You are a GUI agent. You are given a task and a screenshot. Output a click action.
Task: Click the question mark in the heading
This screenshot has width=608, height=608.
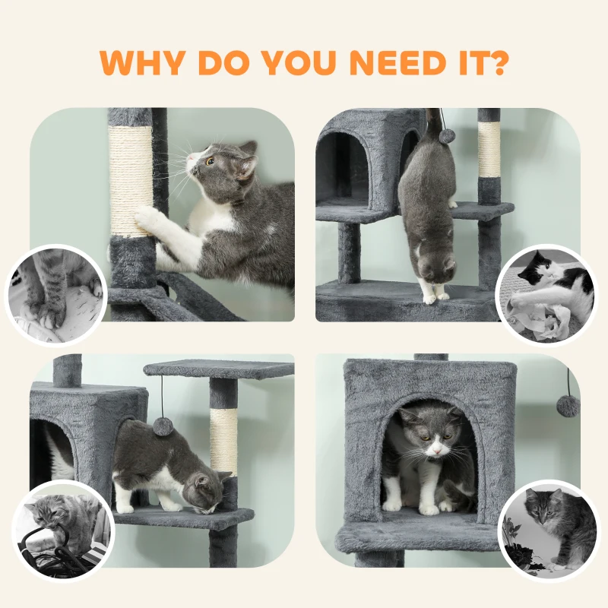496,62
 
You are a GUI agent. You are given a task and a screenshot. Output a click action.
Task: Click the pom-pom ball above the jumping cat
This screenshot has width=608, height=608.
447,135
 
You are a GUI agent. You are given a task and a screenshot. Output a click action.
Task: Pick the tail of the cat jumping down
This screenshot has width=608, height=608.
435,126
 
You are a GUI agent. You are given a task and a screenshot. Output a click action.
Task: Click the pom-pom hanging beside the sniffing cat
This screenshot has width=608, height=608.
163,426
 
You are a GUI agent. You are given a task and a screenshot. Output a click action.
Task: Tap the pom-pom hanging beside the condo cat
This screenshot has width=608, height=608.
567,404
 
